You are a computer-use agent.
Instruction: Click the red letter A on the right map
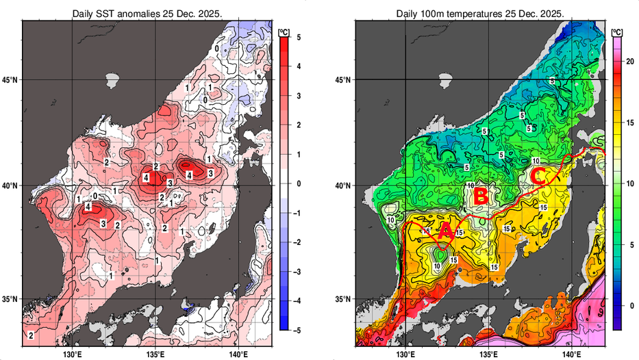point(444,231)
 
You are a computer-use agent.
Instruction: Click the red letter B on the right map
point(481,197)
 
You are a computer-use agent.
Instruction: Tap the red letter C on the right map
point(537,176)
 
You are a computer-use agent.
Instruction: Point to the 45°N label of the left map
point(10,80)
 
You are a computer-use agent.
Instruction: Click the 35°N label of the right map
point(343,299)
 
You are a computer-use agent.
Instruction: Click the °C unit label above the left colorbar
point(284,30)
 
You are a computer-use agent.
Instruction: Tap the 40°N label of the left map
point(10,185)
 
